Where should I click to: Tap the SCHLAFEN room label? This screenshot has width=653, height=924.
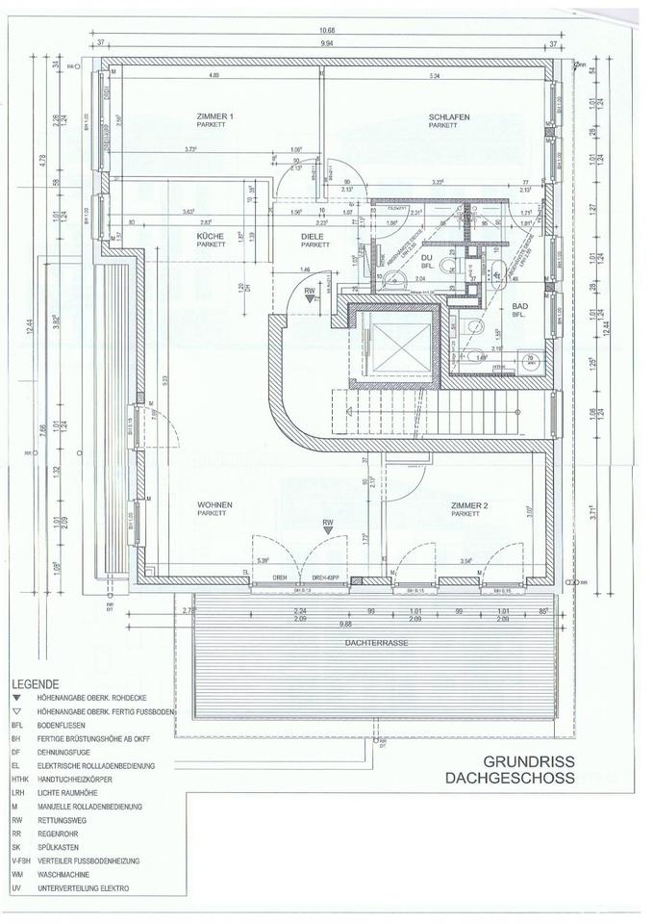pyautogui.click(x=448, y=116)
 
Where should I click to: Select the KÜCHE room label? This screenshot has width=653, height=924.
pyautogui.click(x=211, y=236)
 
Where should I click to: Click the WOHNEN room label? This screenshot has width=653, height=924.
pyautogui.click(x=215, y=504)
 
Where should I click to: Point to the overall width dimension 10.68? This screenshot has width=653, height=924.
pyautogui.click(x=327, y=29)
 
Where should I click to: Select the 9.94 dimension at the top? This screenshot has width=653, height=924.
pyautogui.click(x=327, y=43)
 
